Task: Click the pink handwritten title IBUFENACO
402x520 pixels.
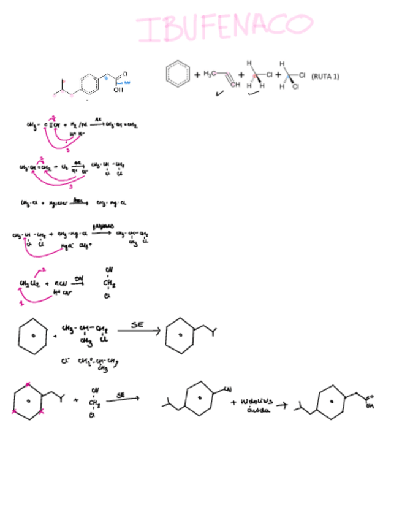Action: click(x=224, y=27)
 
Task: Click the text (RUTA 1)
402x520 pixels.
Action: click(x=325, y=77)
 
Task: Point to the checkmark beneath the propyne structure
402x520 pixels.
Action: click(x=219, y=94)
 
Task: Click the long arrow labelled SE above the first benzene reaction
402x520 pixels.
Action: click(x=138, y=331)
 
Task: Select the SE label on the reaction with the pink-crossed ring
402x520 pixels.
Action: click(x=120, y=396)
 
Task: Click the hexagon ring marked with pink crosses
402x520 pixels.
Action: click(x=28, y=402)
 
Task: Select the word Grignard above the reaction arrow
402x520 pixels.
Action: click(x=100, y=226)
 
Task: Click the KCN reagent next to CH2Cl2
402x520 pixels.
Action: click(x=60, y=284)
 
